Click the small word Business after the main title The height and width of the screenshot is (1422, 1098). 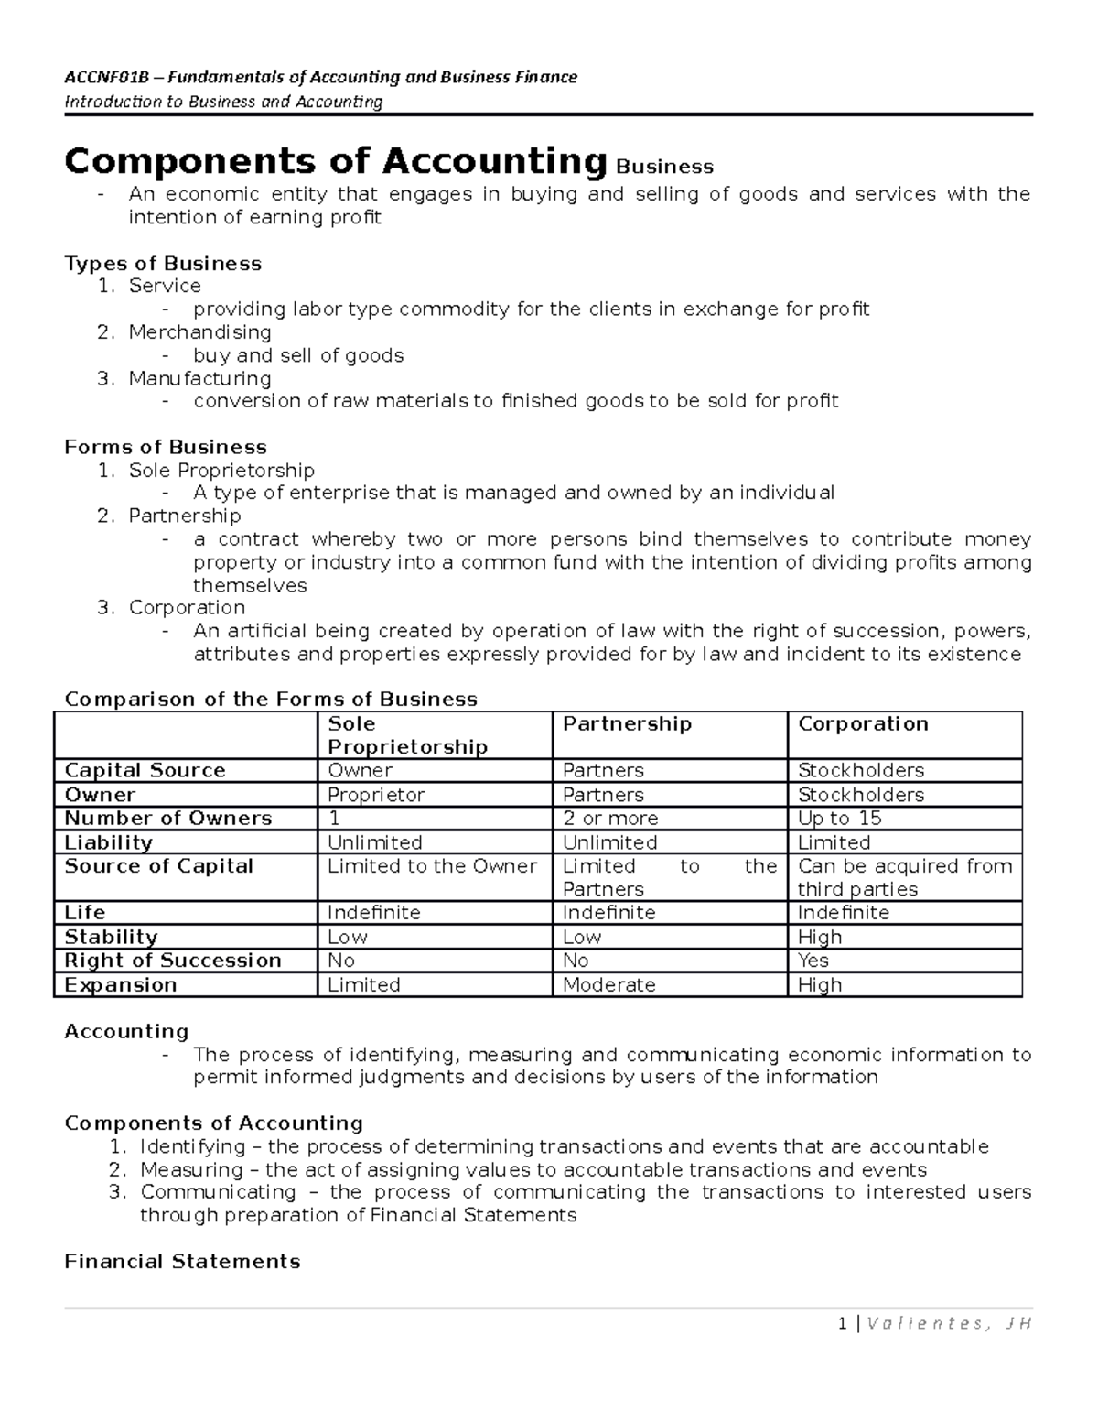tap(664, 167)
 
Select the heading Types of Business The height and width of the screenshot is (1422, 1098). tap(163, 264)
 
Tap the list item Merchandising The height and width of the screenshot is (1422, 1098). tap(199, 331)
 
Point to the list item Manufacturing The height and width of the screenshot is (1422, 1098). tap(199, 378)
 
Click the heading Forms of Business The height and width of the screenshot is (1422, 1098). tap(166, 447)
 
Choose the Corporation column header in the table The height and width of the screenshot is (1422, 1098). tap(863, 723)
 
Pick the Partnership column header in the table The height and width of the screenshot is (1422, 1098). tap(627, 723)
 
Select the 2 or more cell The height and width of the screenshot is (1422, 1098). tap(610, 818)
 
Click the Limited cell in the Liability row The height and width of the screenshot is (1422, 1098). tap(834, 842)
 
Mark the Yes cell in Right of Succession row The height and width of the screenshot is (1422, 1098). tap(813, 960)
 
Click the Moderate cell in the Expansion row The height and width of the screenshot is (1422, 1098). tap(608, 984)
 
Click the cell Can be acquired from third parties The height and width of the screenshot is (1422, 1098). tap(904, 877)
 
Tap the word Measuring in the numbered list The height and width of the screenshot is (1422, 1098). tap(191, 1169)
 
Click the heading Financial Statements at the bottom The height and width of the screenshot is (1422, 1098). tap(182, 1262)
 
